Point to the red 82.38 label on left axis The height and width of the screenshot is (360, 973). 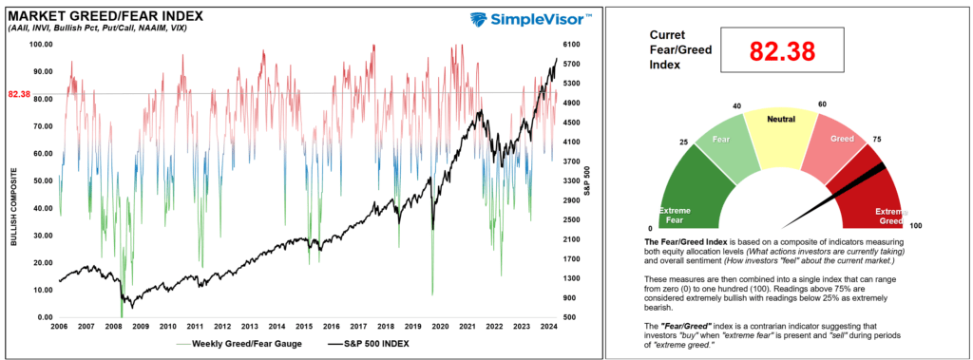pos(20,94)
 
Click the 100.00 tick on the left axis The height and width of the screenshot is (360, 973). pos(42,44)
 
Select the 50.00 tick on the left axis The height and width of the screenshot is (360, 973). pos(42,180)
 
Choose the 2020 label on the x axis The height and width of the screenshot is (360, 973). pos(439,325)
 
